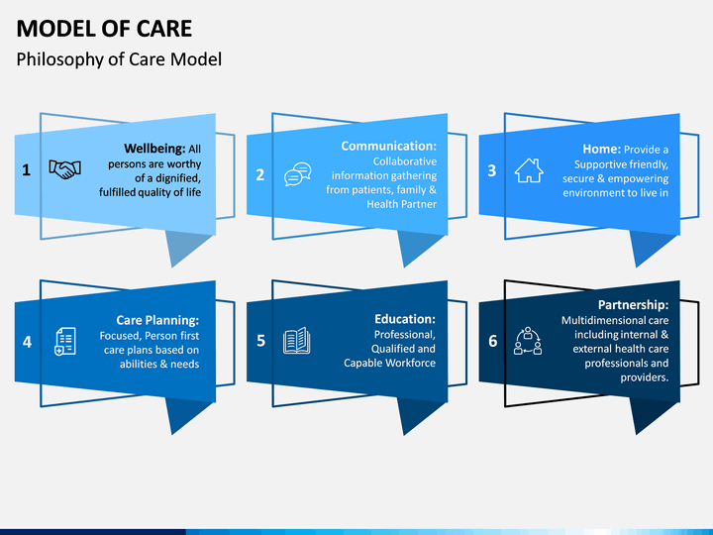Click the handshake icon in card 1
[65, 169]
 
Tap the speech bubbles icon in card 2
[298, 174]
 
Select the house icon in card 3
[529, 170]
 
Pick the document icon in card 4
[65, 341]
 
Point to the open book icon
[296, 340]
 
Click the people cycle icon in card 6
[528, 341]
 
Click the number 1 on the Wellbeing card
[27, 170]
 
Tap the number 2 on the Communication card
[259, 174]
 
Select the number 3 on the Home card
[491, 170]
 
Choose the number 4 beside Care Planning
[28, 342]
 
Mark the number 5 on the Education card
[260, 341]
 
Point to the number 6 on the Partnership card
[493, 341]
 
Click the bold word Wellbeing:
[154, 149]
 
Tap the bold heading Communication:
[389, 146]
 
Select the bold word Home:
[602, 149]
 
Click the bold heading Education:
[405, 319]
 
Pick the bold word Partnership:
[633, 305]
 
